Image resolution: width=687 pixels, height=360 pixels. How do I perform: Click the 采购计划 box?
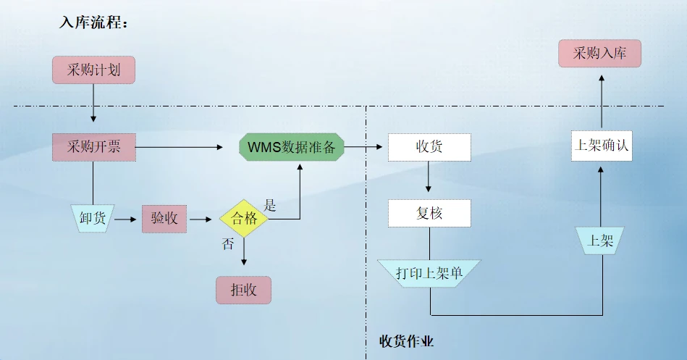(93, 70)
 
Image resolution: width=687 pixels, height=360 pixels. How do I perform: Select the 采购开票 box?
(93, 148)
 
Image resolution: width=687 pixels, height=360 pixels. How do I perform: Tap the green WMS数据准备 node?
(292, 148)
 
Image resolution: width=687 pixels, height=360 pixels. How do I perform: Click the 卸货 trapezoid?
(93, 218)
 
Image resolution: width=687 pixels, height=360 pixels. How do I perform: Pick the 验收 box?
(164, 218)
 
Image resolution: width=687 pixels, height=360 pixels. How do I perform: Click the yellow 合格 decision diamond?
(244, 218)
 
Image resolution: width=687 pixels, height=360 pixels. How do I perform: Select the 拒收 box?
(243, 290)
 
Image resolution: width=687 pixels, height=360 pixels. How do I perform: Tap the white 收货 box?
(429, 148)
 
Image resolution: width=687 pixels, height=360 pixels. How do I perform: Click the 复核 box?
(429, 214)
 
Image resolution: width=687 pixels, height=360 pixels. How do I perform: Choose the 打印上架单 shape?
(429, 273)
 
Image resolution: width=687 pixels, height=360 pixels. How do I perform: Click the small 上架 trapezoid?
(600, 240)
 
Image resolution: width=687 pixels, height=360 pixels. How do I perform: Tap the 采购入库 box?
(599, 54)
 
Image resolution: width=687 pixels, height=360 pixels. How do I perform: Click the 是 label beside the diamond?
(270, 205)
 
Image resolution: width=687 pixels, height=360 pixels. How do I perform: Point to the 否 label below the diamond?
(227, 244)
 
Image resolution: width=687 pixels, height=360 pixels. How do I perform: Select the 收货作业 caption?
(407, 340)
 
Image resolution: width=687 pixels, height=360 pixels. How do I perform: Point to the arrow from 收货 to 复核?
(429, 177)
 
